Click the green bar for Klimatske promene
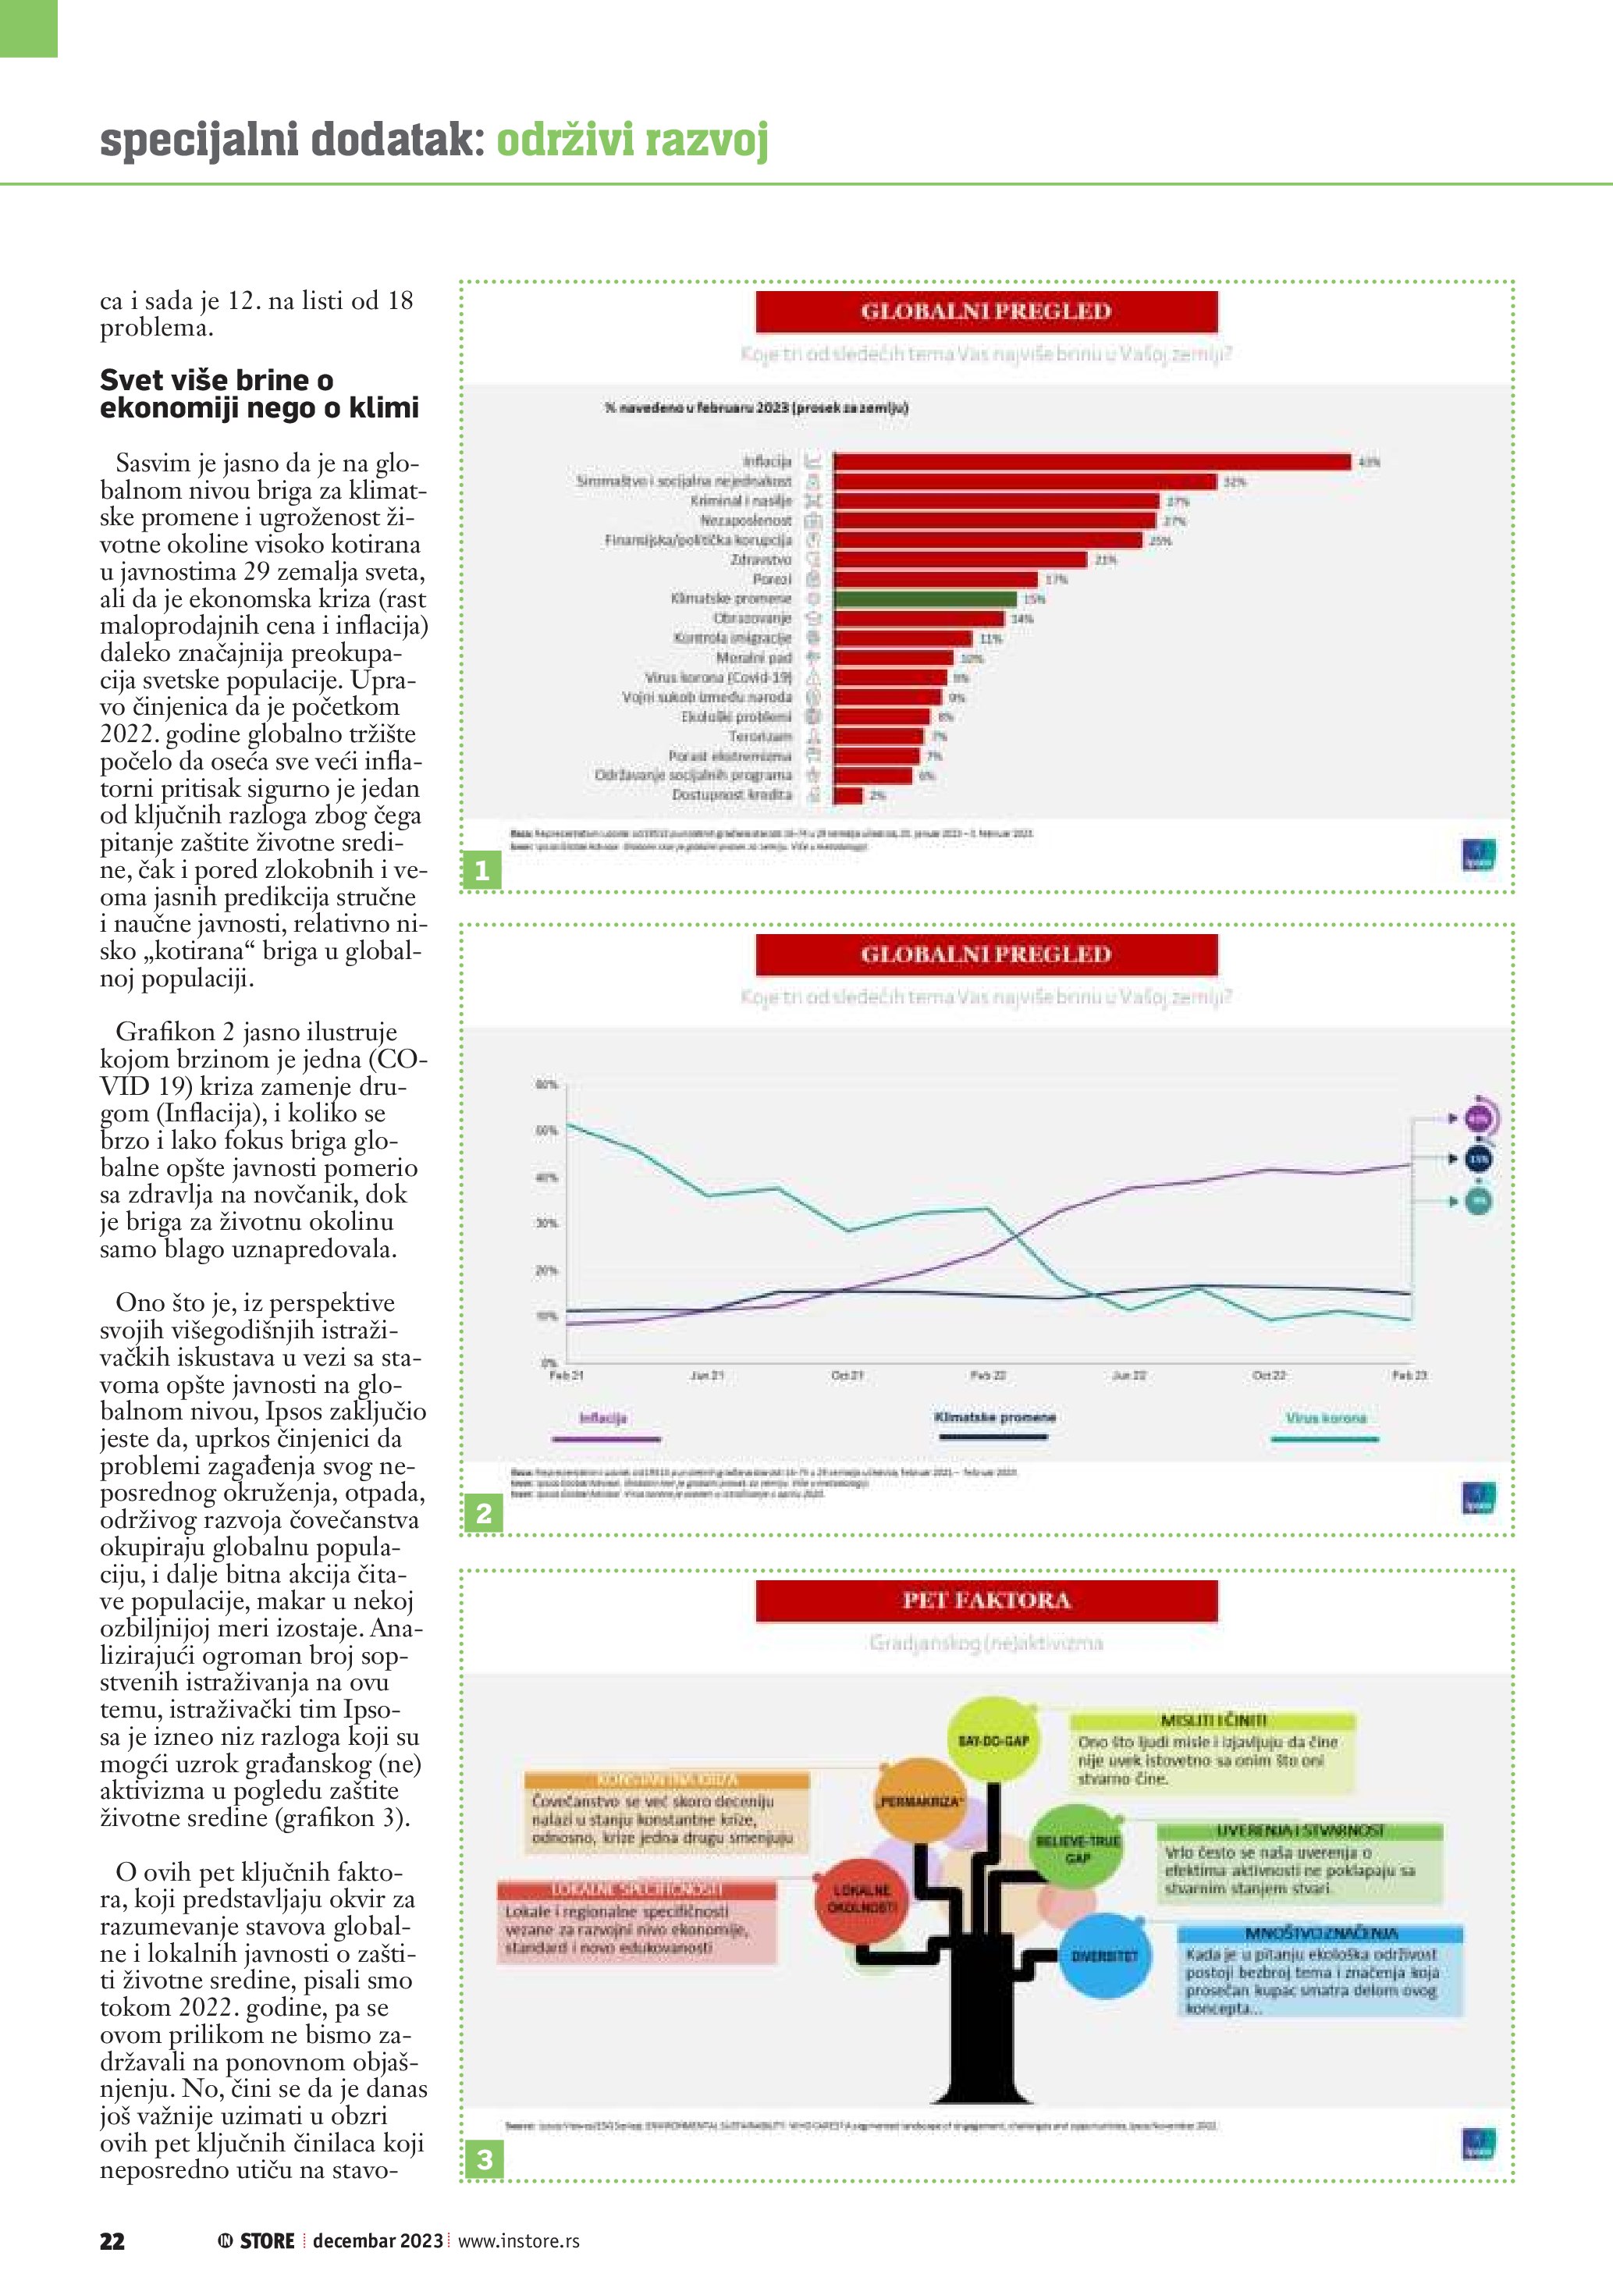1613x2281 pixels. pyautogui.click(x=925, y=599)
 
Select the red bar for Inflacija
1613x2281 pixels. pyautogui.click(x=1092, y=461)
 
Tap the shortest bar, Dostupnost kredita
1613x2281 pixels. pyautogui.click(x=848, y=794)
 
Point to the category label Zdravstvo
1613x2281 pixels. pyautogui.click(x=761, y=560)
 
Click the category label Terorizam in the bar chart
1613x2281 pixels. pyautogui.click(x=761, y=736)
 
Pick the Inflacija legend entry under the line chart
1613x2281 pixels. pyautogui.click(x=604, y=1419)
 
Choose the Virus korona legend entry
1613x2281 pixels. pyautogui.click(x=1326, y=1419)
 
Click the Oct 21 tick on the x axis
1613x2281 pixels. pyautogui.click(x=847, y=1375)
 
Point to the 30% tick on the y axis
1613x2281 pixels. pyautogui.click(x=546, y=1223)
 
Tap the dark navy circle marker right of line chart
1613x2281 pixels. pyautogui.click(x=1479, y=1160)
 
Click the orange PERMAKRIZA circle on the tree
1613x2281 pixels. pyautogui.click(x=920, y=1800)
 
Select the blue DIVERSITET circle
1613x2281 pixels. pyautogui.click(x=1103, y=1955)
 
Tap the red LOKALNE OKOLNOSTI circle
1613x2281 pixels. pyautogui.click(x=862, y=1899)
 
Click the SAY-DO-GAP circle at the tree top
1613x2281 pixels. pyautogui.click(x=993, y=1740)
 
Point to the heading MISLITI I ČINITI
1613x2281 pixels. pyautogui.click(x=1213, y=1720)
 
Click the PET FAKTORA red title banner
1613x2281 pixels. pyautogui.click(x=986, y=1601)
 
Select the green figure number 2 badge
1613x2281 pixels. pyautogui.click(x=484, y=1513)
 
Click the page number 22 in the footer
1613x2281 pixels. pyautogui.click(x=112, y=2241)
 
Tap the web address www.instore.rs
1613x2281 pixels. pyautogui.click(x=518, y=2241)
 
